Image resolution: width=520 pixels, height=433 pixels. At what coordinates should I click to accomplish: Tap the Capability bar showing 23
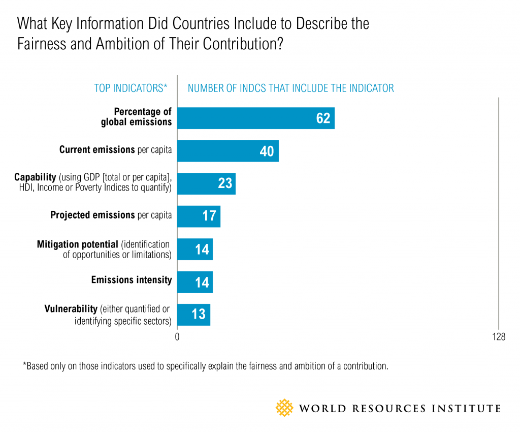(206, 183)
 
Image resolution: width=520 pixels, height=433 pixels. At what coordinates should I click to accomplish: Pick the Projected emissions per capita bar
(199, 215)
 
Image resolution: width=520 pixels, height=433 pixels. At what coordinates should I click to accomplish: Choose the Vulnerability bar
(193, 314)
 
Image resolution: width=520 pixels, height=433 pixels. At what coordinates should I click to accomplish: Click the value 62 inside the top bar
(323, 118)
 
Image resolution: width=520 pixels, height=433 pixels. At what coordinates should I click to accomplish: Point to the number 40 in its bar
(267, 151)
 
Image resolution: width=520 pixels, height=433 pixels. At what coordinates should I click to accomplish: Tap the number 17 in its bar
(209, 216)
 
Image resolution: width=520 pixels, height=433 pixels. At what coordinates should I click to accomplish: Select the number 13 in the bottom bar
(199, 315)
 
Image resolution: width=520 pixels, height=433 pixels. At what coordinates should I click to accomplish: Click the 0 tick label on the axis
(177, 336)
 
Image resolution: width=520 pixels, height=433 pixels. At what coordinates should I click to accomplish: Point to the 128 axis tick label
(498, 336)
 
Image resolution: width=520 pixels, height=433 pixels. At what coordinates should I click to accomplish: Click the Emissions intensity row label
(132, 280)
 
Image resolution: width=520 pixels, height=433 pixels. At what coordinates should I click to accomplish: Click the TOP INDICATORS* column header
(131, 88)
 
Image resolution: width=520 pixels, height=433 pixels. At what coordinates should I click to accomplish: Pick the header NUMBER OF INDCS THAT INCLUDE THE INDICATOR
(290, 88)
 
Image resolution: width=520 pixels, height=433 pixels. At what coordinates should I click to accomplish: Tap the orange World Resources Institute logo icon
(285, 408)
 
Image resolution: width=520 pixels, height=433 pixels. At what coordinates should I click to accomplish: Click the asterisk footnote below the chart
(205, 366)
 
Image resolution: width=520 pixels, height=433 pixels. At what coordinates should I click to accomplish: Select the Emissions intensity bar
(195, 282)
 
